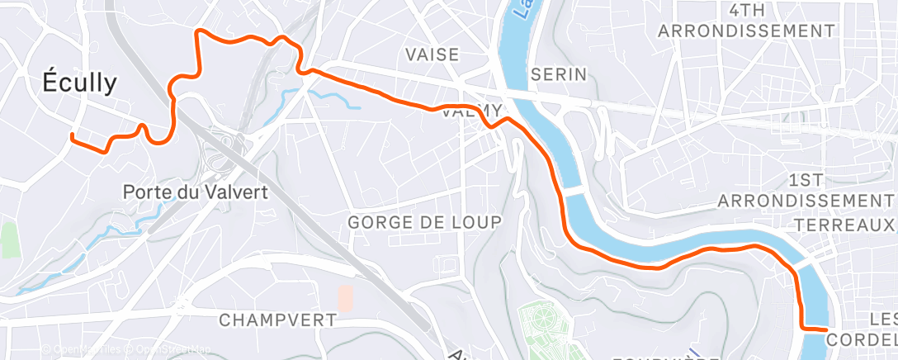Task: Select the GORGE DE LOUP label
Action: pos(424,222)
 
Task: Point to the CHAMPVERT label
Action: pos(278,320)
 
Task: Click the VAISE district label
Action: pos(432,54)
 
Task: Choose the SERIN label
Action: pos(559,74)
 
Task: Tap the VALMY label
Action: pos(472,111)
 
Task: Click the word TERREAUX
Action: pos(844,225)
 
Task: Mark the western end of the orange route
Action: pos(73,135)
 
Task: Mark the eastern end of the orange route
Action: pos(825,329)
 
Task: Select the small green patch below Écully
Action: pos(9,239)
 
